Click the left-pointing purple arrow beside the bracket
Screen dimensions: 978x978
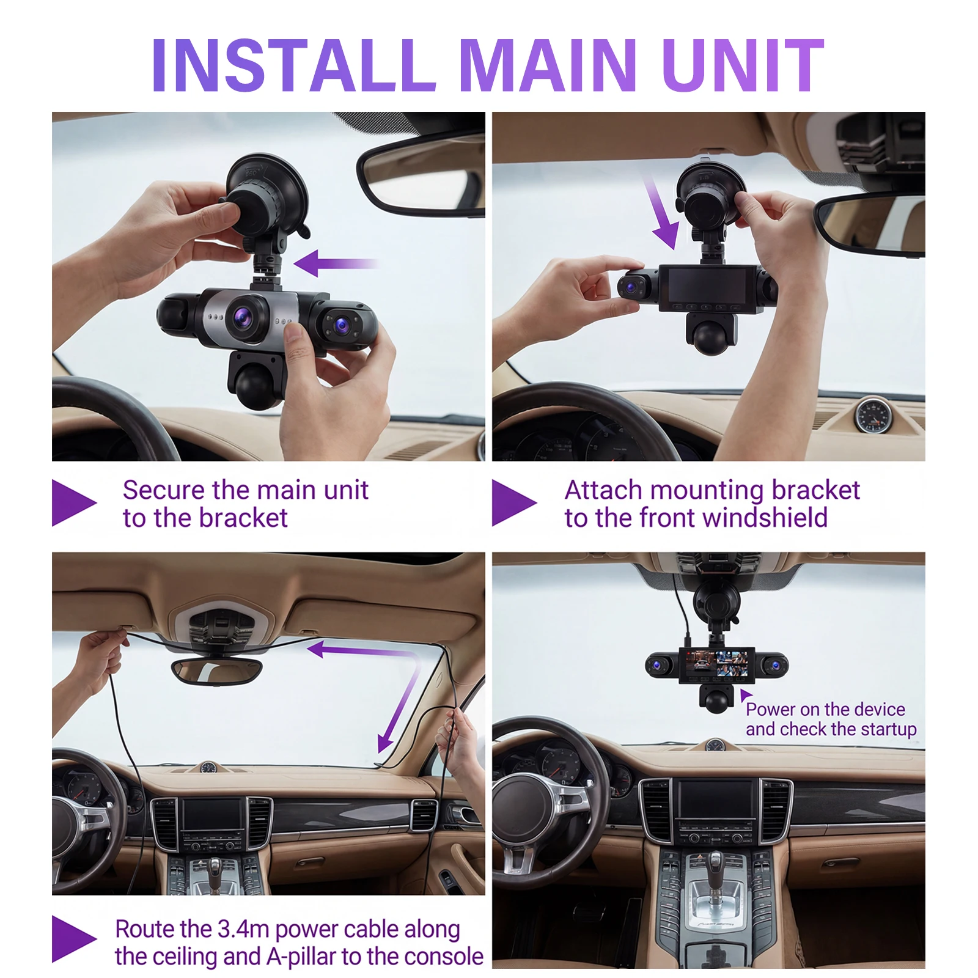[x=336, y=263]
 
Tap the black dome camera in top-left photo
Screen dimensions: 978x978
[x=257, y=382]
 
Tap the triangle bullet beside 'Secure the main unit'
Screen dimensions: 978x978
[x=74, y=503]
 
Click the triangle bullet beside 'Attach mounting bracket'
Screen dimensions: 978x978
[x=514, y=503]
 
